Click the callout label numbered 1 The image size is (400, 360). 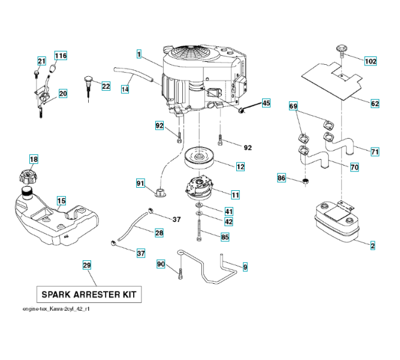[x=139, y=55]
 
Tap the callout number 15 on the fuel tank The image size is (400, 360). [x=61, y=200]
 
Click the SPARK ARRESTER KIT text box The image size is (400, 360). [x=89, y=295]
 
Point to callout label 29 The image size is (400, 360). [x=87, y=265]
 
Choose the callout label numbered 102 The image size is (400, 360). [x=370, y=61]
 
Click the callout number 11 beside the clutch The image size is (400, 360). [x=235, y=195]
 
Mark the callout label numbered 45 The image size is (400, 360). [x=266, y=103]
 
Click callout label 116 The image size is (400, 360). [x=61, y=56]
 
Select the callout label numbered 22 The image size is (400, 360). [x=106, y=86]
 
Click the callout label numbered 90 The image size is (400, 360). [x=161, y=264]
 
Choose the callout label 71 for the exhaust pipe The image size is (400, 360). [x=375, y=152]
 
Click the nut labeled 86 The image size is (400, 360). [x=306, y=180]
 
